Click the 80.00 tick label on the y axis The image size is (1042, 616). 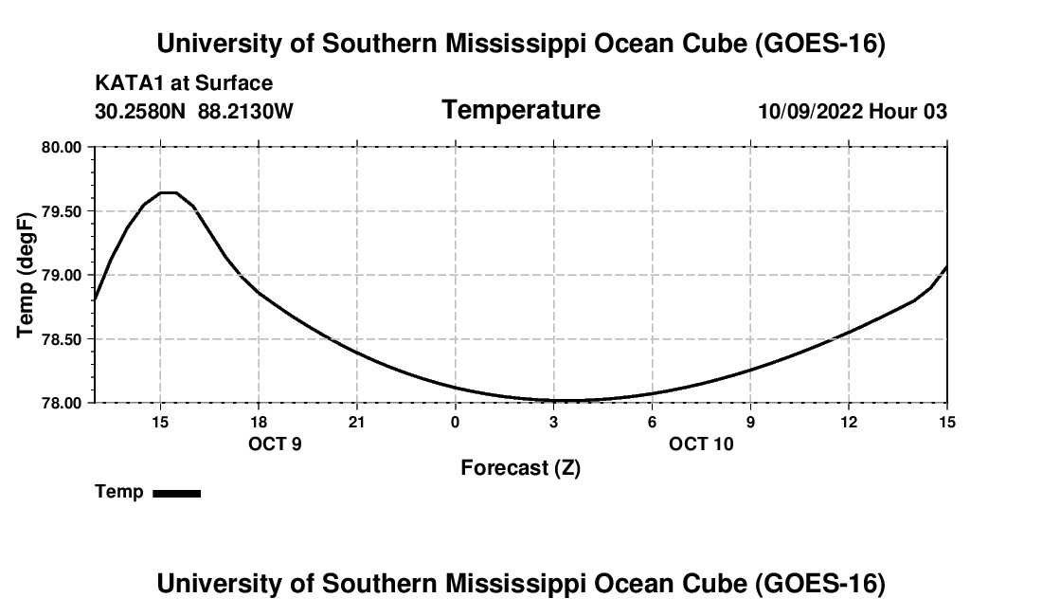tap(62, 148)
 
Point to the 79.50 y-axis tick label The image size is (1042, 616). tap(62, 212)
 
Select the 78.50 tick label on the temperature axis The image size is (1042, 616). tap(62, 339)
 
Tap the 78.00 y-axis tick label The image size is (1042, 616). tap(62, 404)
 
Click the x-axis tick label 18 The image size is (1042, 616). tap(259, 422)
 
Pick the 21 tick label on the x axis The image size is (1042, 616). tap(357, 422)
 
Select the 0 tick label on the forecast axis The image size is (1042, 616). tap(456, 422)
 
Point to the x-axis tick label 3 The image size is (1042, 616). tap(553, 422)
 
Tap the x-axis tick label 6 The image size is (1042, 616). tap(652, 422)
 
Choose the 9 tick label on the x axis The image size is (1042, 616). tap(750, 422)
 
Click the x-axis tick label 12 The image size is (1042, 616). tap(849, 422)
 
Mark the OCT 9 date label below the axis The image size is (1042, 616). tap(275, 444)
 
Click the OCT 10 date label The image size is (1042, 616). tap(701, 444)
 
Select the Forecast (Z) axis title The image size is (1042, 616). tap(521, 468)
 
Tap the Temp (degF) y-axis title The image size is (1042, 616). tap(26, 275)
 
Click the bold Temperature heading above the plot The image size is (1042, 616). tap(521, 110)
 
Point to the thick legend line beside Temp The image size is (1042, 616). tap(177, 493)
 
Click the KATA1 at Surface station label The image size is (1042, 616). tap(184, 83)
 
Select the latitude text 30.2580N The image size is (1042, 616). tap(140, 111)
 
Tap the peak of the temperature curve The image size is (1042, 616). tap(168, 192)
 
